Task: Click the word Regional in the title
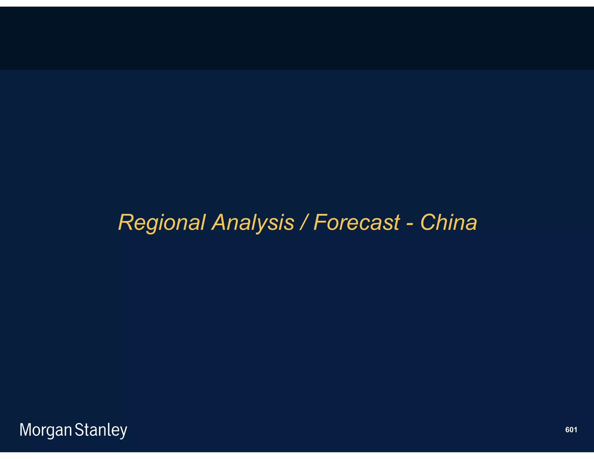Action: pos(162,223)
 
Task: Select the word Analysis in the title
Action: pos(253,223)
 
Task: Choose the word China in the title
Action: pos(448,223)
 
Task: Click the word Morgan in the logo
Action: pos(46,430)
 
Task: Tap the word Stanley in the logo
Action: pos(101,430)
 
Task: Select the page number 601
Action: pos(571,430)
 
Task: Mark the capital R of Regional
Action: pos(126,223)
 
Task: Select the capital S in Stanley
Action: pos(79,430)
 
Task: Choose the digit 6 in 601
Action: pos(567,430)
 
